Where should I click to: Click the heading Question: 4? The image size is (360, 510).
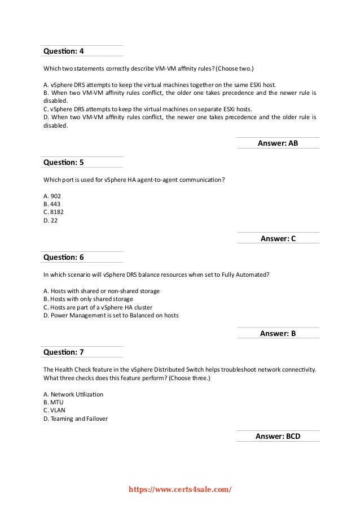coord(64,51)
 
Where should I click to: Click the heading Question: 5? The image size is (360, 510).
coord(64,162)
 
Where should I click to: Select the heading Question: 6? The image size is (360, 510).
coord(64,257)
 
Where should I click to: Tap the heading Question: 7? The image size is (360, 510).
coord(64,352)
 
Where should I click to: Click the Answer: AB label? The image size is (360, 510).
coord(278,143)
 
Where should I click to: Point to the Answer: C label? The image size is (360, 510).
coord(278,238)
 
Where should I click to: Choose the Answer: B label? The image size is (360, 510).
coord(278,333)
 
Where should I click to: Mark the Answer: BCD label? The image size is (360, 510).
coord(278,436)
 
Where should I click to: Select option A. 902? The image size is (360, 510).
coord(52,196)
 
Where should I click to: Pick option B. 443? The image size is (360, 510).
coord(52,204)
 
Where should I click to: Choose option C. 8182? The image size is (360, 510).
coord(54,212)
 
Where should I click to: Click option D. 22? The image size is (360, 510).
coord(50,220)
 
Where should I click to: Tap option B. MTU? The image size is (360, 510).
coord(54,402)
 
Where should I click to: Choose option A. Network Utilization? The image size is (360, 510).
coord(73,394)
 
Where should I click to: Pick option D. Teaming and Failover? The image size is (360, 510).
coord(75,419)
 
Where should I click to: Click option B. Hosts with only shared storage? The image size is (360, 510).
coord(88,299)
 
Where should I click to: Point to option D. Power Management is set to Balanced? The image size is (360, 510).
coord(111,315)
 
